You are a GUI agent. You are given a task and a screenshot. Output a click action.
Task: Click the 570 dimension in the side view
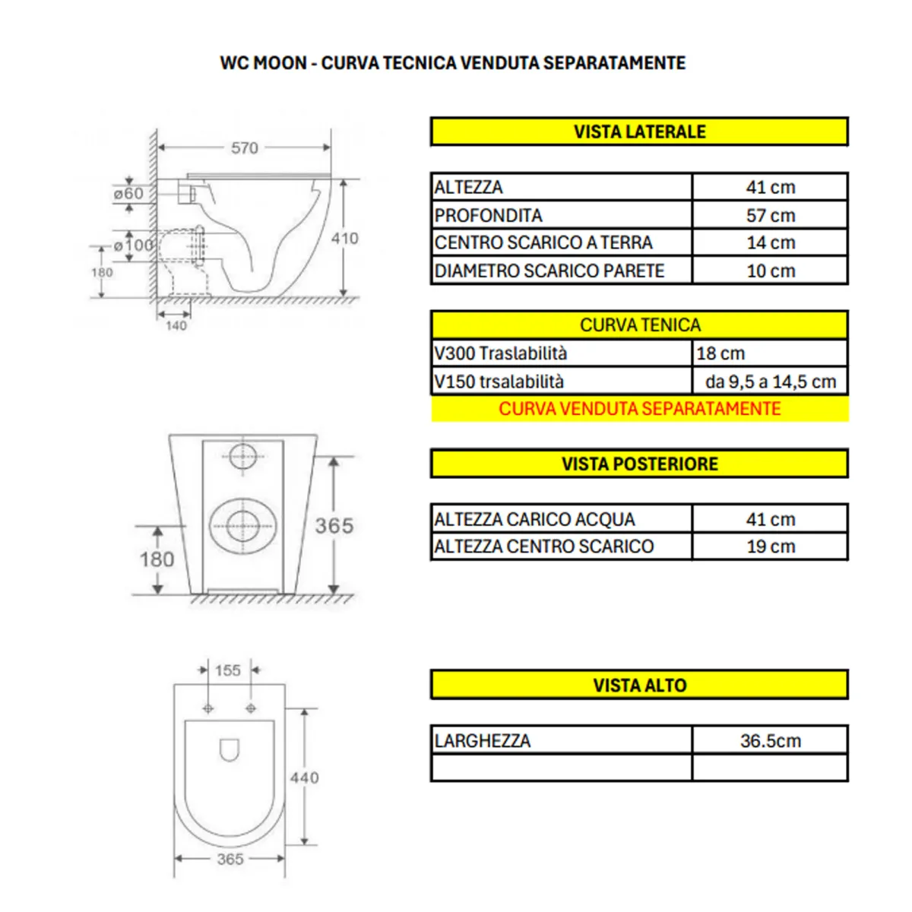click(245, 148)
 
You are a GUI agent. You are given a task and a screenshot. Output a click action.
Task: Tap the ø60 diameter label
click(128, 194)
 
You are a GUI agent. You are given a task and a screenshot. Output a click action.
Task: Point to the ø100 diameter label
click(133, 245)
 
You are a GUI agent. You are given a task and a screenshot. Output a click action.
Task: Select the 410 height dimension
click(344, 238)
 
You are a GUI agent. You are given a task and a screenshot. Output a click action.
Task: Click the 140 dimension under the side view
click(176, 325)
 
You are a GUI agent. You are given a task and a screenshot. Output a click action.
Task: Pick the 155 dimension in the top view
click(227, 670)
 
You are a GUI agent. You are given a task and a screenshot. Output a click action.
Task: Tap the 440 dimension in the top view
click(304, 777)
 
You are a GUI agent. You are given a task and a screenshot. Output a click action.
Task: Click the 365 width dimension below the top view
click(230, 859)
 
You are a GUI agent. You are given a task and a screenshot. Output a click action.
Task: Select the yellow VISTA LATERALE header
click(638, 131)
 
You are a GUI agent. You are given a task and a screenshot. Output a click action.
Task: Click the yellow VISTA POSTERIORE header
click(638, 464)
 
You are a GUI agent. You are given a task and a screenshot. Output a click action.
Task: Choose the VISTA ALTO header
click(638, 685)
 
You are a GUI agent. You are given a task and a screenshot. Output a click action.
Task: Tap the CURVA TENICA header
click(638, 325)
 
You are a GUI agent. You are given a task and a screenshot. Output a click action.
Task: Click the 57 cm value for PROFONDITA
click(770, 215)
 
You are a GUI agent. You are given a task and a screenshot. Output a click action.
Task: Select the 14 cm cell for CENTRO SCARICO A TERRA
click(770, 242)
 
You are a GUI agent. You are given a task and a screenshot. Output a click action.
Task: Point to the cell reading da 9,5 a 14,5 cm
click(770, 382)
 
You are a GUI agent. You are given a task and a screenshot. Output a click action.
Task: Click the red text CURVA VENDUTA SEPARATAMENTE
click(638, 409)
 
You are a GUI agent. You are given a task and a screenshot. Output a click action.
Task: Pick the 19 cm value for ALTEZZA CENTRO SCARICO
click(770, 546)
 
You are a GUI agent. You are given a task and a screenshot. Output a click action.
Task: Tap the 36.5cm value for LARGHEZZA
click(770, 740)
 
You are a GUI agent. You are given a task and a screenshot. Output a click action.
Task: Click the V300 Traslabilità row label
click(501, 353)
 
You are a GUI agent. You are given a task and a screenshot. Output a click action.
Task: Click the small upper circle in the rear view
click(242, 457)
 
